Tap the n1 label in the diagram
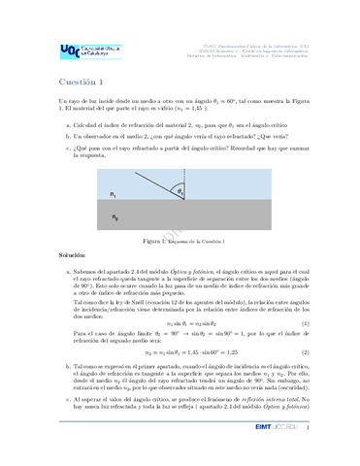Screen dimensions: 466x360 pos(117,195)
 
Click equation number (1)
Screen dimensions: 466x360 pos(306,321)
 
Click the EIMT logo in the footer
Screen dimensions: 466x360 pos(292,452)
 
